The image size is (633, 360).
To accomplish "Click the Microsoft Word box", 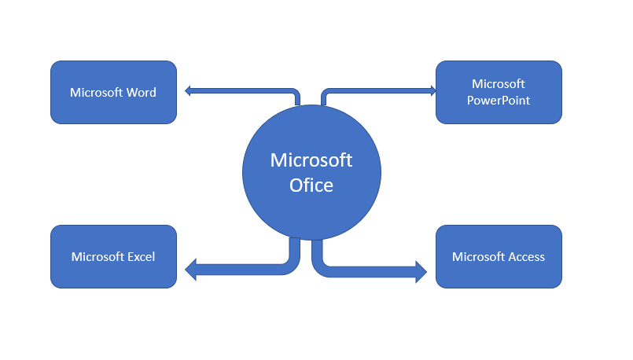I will tap(113, 93).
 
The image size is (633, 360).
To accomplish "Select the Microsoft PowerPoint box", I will tap(499, 93).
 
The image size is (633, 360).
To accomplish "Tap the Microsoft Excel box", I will tap(113, 257).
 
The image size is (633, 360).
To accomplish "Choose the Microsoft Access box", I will tap(499, 257).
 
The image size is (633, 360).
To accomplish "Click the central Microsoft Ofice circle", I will tap(311, 173).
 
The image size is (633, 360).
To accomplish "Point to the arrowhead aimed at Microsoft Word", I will tap(189, 91).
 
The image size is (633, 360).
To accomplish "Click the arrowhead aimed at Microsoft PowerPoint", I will tap(432, 91).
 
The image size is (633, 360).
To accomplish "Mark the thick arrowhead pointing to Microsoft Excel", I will tap(191, 271).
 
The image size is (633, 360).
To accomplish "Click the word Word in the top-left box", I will tap(141, 93).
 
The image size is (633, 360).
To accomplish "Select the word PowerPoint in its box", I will tap(499, 101).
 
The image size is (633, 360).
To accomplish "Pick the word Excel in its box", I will tap(142, 257).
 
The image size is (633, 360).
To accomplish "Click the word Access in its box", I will tap(526, 257).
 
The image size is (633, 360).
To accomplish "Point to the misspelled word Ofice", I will tap(311, 186).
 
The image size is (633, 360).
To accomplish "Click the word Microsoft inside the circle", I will tap(311, 160).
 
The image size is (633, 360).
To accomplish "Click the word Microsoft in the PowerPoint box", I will tap(499, 84).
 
